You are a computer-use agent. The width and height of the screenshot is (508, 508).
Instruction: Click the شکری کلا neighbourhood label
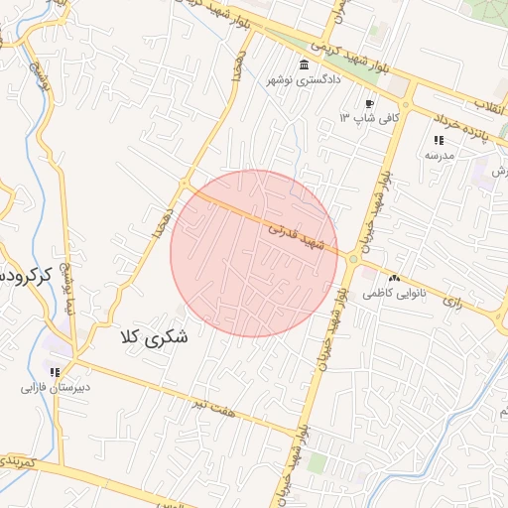click(x=153, y=337)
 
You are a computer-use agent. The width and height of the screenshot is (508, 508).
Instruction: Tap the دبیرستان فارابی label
click(x=56, y=387)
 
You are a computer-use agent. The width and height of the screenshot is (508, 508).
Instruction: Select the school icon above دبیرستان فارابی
click(x=56, y=371)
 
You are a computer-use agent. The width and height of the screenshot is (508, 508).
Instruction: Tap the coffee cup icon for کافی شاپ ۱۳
click(x=369, y=103)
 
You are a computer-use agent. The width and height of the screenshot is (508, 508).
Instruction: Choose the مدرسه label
click(x=439, y=155)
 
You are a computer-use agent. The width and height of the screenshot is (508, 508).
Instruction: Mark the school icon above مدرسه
click(x=439, y=140)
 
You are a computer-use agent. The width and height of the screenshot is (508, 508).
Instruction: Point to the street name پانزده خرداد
click(x=462, y=133)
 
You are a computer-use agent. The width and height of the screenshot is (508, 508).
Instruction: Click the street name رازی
click(x=452, y=300)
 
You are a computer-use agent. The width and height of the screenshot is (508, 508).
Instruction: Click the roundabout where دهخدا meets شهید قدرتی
click(x=185, y=185)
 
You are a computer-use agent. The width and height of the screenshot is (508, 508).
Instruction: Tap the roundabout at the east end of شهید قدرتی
click(x=352, y=260)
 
